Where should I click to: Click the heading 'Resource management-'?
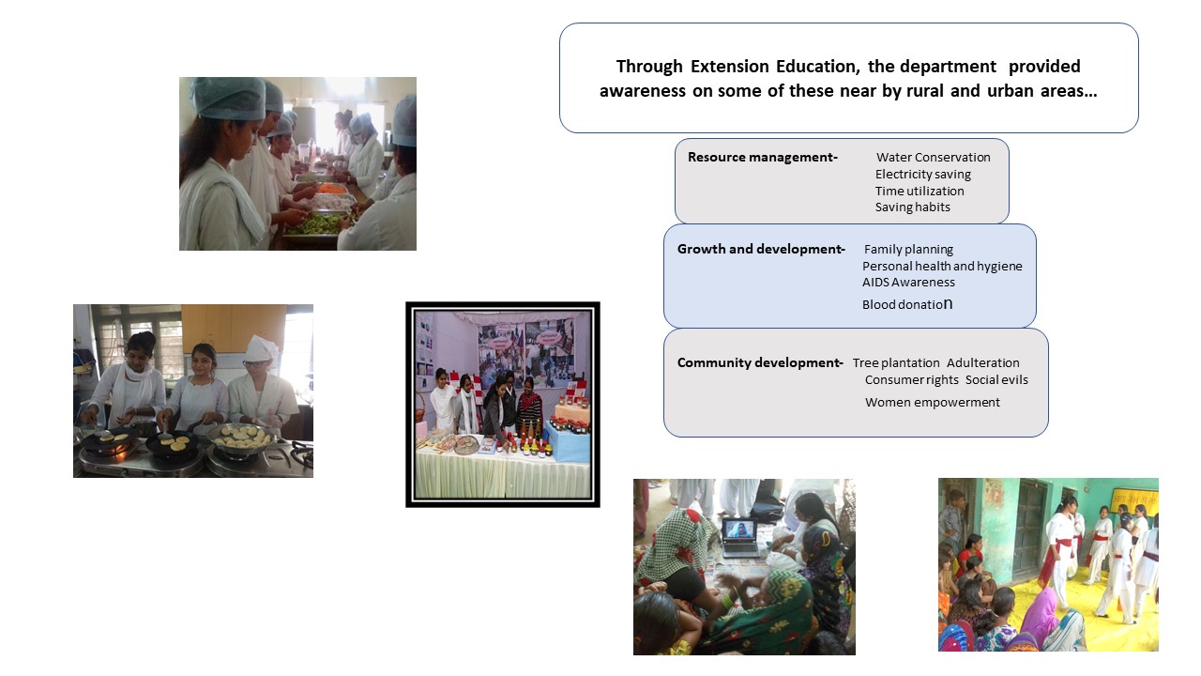[x=763, y=157]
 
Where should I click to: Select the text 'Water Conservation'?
[x=933, y=157]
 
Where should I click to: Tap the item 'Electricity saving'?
[x=922, y=175]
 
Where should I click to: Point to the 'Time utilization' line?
[x=919, y=191]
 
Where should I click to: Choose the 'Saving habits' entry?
[x=912, y=207]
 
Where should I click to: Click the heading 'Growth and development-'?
[x=761, y=250]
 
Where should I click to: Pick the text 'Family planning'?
[x=908, y=250]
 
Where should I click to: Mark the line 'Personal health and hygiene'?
[x=942, y=266]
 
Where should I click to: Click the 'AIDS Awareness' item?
[x=908, y=283]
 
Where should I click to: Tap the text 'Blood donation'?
[x=907, y=304]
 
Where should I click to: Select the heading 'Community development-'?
[x=760, y=362]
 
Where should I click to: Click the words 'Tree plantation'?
[x=896, y=363]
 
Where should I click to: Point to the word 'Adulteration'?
[x=982, y=363]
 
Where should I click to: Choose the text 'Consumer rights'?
[x=911, y=380]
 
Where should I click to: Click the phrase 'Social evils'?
[x=996, y=380]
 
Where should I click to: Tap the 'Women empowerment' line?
[x=933, y=403]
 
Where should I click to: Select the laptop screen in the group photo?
[x=739, y=531]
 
